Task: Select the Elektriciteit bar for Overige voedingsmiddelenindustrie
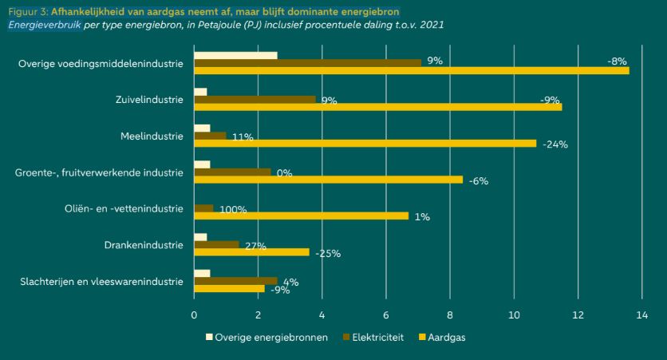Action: click(307, 62)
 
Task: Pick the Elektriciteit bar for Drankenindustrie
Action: click(217, 244)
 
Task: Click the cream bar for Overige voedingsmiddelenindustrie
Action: click(235, 55)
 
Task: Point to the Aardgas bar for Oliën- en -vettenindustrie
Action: click(301, 216)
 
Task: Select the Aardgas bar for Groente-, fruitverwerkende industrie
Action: click(327, 180)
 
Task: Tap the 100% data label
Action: click(232, 210)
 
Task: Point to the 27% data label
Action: click(255, 246)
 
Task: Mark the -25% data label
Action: click(328, 254)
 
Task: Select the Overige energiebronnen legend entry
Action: click(266, 338)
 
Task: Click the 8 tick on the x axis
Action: click(450, 315)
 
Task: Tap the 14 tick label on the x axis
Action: click(641, 315)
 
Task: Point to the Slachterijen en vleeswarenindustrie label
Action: click(101, 281)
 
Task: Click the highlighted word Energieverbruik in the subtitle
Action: click(45, 26)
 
